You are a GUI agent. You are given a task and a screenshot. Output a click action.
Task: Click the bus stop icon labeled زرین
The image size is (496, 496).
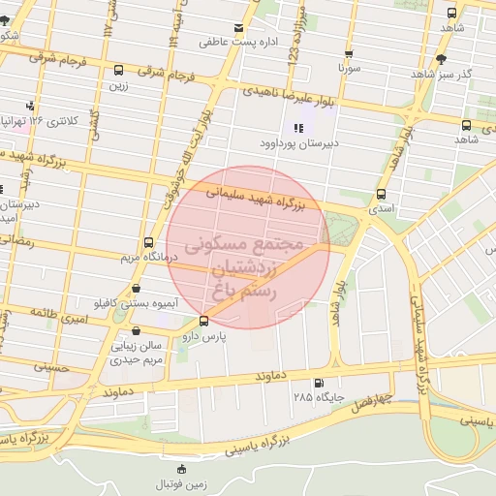click(118, 71)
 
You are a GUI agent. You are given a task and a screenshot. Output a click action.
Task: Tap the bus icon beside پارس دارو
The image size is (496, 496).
click(203, 321)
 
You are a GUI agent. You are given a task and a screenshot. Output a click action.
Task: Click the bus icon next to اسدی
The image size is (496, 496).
click(381, 194)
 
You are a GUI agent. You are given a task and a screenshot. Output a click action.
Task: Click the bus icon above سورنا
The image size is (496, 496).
click(349, 54)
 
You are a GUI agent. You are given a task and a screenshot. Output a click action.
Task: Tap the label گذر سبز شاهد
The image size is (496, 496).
click(441, 74)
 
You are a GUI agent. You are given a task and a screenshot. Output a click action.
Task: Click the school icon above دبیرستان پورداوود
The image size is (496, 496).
click(297, 128)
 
